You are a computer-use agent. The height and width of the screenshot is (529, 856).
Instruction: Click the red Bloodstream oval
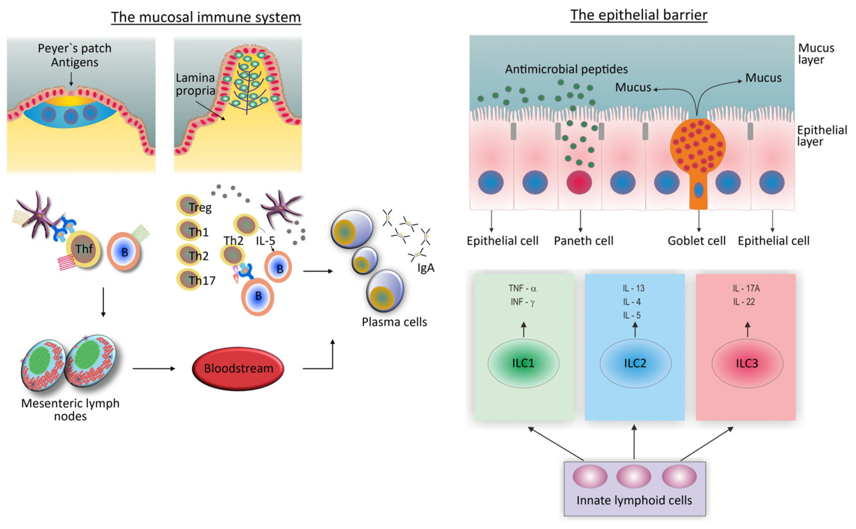click(238, 368)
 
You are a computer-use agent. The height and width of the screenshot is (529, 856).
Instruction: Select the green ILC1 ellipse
click(523, 363)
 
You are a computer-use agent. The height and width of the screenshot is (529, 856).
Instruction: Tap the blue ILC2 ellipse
click(635, 363)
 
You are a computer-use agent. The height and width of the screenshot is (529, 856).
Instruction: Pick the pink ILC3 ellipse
click(747, 363)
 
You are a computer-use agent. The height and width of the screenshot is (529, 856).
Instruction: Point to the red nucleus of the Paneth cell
click(579, 182)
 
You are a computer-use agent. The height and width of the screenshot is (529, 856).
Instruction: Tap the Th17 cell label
click(202, 280)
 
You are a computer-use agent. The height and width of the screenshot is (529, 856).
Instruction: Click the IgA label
click(425, 268)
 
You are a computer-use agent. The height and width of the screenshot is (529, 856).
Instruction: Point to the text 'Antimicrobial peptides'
click(566, 69)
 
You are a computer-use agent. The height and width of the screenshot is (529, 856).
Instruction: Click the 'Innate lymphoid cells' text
click(634, 500)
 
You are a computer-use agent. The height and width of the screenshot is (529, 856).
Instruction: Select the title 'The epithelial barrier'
click(639, 15)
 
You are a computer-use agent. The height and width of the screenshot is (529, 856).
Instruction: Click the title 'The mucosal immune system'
click(206, 17)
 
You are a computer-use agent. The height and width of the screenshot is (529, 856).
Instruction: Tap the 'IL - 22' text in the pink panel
click(744, 302)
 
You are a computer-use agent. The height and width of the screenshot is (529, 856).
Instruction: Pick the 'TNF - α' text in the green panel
click(522, 288)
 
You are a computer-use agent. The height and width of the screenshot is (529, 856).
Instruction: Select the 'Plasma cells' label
click(394, 322)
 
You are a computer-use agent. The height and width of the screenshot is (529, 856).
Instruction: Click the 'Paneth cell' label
click(583, 241)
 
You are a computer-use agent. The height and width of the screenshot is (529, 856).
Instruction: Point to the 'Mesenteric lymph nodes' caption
click(70, 409)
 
